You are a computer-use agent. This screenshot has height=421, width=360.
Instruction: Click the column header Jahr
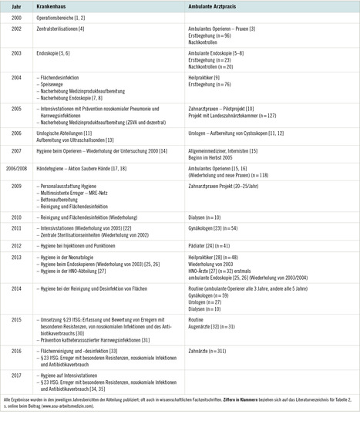coord(12,7)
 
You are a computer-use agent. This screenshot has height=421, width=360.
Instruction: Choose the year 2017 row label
coord(12,375)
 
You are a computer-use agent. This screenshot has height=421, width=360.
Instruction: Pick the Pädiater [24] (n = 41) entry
coord(214,244)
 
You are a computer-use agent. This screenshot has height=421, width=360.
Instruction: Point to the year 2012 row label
coord(12,244)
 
